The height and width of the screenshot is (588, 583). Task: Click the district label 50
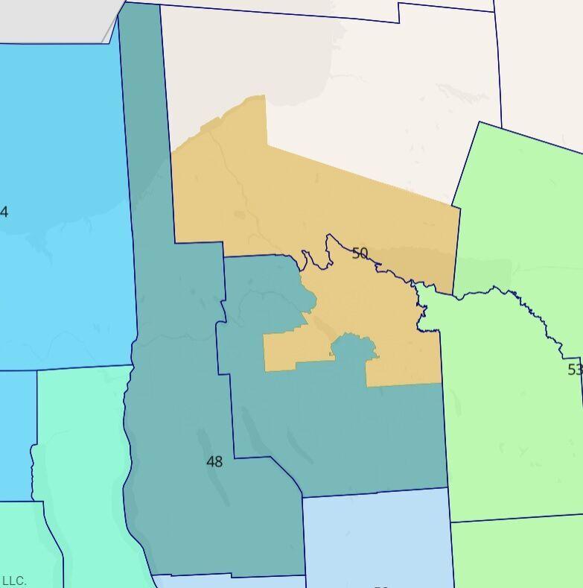tap(360, 253)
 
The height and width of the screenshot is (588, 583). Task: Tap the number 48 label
tap(214, 462)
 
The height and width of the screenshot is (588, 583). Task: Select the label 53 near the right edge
tap(574, 370)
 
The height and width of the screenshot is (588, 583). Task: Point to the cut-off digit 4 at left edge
tap(4, 212)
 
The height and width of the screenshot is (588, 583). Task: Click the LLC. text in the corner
tap(14, 581)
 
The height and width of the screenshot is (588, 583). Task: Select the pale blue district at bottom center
tap(376, 537)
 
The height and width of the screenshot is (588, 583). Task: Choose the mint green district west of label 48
tap(82, 462)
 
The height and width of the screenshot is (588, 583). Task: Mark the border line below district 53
tap(517, 518)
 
